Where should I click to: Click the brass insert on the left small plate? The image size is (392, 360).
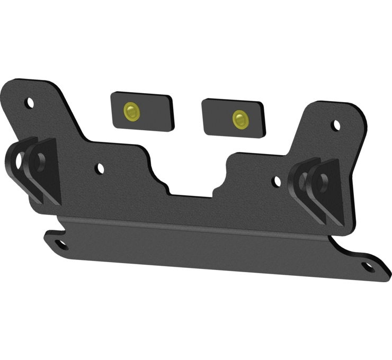click(131, 111)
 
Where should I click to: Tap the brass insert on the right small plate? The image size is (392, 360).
click(240, 119)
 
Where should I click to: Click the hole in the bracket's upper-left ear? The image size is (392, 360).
click(30, 102)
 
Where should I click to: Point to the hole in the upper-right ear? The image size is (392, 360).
click(336, 125)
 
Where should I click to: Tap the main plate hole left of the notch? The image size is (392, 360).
click(100, 169)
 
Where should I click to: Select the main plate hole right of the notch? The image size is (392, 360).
click(276, 182)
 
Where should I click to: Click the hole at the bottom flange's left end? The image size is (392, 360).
click(61, 244)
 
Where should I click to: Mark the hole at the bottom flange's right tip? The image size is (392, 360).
click(368, 267)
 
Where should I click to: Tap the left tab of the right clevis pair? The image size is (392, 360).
click(301, 185)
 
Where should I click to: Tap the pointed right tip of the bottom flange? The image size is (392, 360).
click(379, 270)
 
